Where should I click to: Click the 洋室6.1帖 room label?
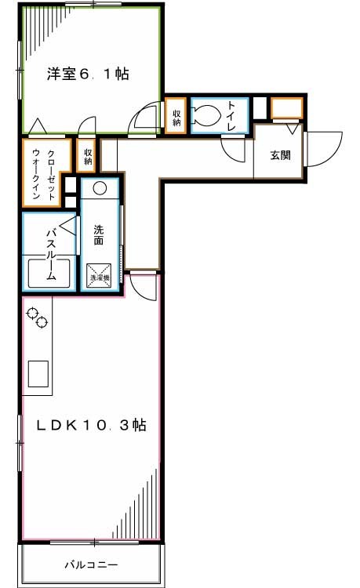click(x=87, y=74)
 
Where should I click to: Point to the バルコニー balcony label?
click(x=91, y=564)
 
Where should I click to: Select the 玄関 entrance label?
click(x=280, y=154)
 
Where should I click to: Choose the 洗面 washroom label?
click(x=100, y=235)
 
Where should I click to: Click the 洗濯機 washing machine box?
click(x=100, y=274)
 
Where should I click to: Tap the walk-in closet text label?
click(x=45, y=174)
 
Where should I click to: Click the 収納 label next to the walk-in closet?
click(x=87, y=156)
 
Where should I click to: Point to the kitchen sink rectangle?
click(x=38, y=374)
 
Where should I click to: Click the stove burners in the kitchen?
click(x=38, y=317)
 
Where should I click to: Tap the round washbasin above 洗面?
click(x=100, y=188)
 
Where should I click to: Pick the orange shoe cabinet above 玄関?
click(x=286, y=107)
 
